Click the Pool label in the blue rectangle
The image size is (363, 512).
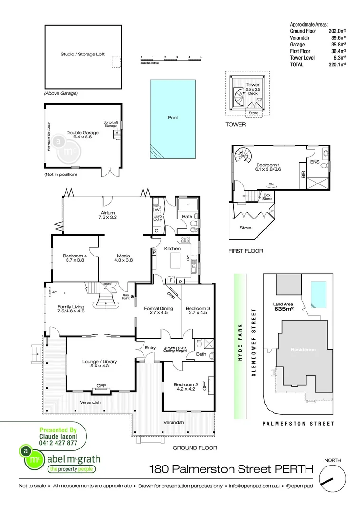172,118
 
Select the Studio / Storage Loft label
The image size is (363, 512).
83,55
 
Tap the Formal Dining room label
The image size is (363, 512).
158,311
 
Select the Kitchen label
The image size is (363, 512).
172,248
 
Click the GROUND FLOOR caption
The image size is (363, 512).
195,448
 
